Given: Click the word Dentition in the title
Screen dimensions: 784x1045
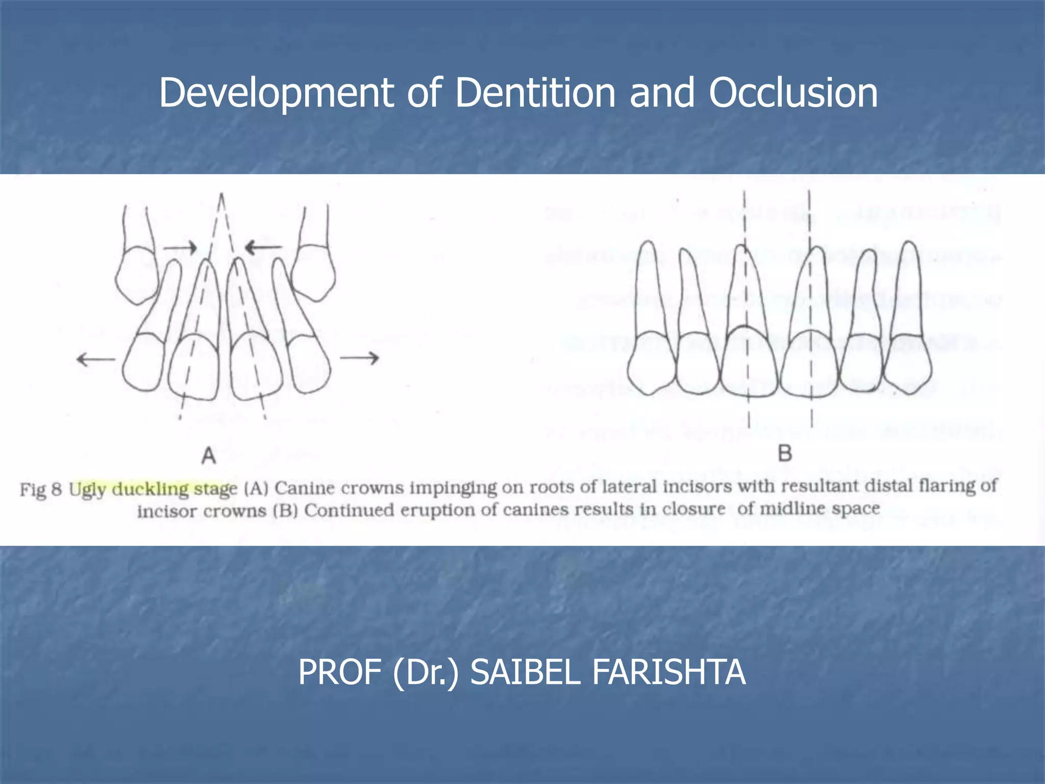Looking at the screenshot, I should (535, 93).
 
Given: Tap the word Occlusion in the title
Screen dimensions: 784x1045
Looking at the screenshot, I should (793, 93).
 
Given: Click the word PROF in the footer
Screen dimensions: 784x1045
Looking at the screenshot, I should (340, 672).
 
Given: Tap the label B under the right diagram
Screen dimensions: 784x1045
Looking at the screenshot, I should (785, 453).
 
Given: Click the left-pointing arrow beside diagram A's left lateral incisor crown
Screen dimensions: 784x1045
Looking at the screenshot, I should (95, 360).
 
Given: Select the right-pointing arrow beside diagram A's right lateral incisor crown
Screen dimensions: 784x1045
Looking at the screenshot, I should (359, 358).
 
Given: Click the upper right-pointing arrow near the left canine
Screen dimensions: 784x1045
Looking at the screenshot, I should (180, 248).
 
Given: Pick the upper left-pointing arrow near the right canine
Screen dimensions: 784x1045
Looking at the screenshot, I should (263, 248).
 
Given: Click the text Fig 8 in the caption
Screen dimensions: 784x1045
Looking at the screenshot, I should (41, 489).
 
